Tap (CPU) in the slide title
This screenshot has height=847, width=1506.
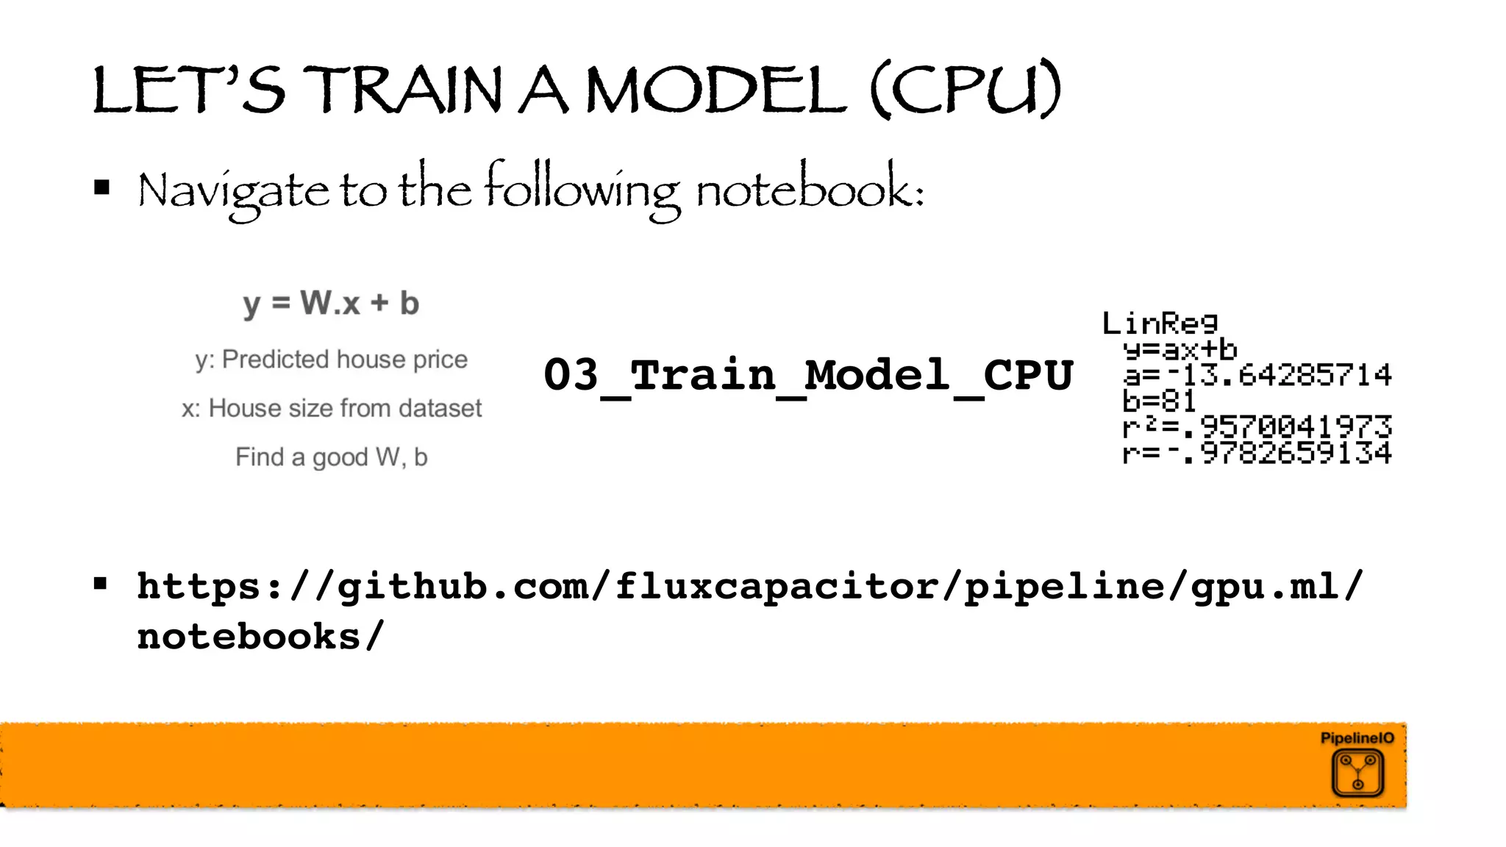[x=966, y=90]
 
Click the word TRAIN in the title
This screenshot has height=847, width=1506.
[x=403, y=90]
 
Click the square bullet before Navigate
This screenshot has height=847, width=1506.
[x=102, y=188]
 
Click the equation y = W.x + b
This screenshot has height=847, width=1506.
[x=331, y=303]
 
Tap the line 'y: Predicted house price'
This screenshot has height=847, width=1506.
[x=331, y=360]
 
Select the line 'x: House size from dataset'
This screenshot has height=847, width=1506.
[x=331, y=408]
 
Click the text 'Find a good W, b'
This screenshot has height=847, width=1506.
[x=331, y=457]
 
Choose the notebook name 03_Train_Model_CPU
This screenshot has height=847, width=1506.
[x=808, y=375]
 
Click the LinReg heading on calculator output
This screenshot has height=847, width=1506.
[x=1160, y=323]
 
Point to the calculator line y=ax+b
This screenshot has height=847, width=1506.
[x=1180, y=349]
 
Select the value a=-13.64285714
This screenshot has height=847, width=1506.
[x=1257, y=375]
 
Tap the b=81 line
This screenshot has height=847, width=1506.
[x=1159, y=401]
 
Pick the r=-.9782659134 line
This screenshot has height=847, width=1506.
[x=1257, y=453]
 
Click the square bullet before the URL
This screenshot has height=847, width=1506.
[x=101, y=585]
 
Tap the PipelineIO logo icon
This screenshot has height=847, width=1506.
[x=1357, y=772]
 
